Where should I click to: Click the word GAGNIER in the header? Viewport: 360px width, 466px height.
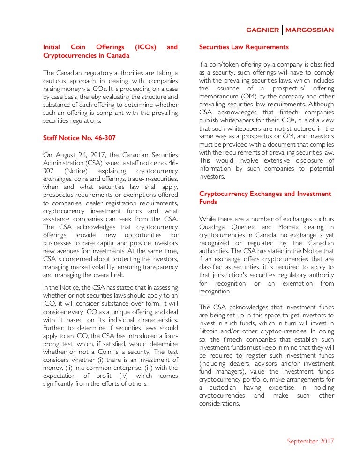263,30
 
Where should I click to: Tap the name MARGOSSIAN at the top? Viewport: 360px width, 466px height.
310,30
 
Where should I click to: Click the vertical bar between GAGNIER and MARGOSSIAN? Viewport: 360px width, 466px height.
283,30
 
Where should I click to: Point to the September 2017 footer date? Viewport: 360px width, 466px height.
310,441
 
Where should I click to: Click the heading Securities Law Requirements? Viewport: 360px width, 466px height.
244,47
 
